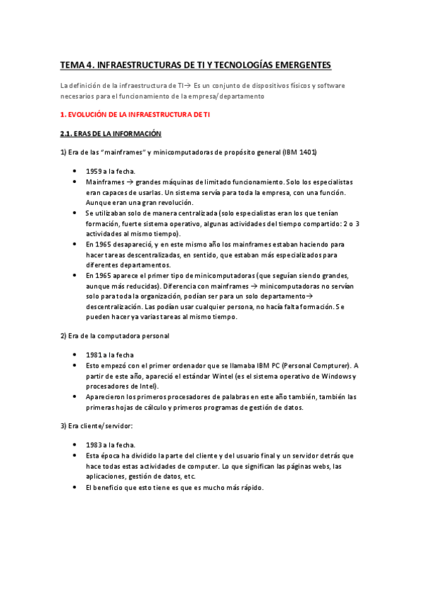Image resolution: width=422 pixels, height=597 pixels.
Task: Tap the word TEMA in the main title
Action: pyautogui.click(x=71, y=65)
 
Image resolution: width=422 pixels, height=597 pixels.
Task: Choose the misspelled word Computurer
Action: pyautogui.click(x=328, y=365)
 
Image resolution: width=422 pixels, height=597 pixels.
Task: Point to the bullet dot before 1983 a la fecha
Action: pyautogui.click(x=75, y=446)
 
